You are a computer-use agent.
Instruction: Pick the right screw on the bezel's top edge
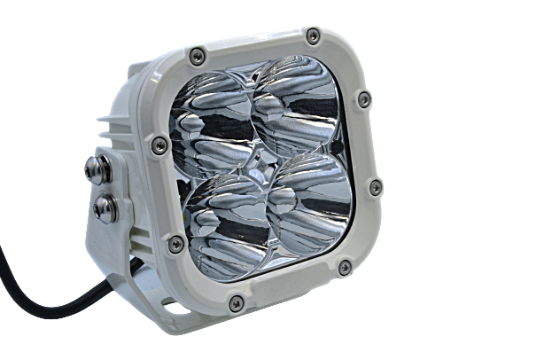coord(313,35)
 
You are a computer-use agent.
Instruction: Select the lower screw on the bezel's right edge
coord(374,185)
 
